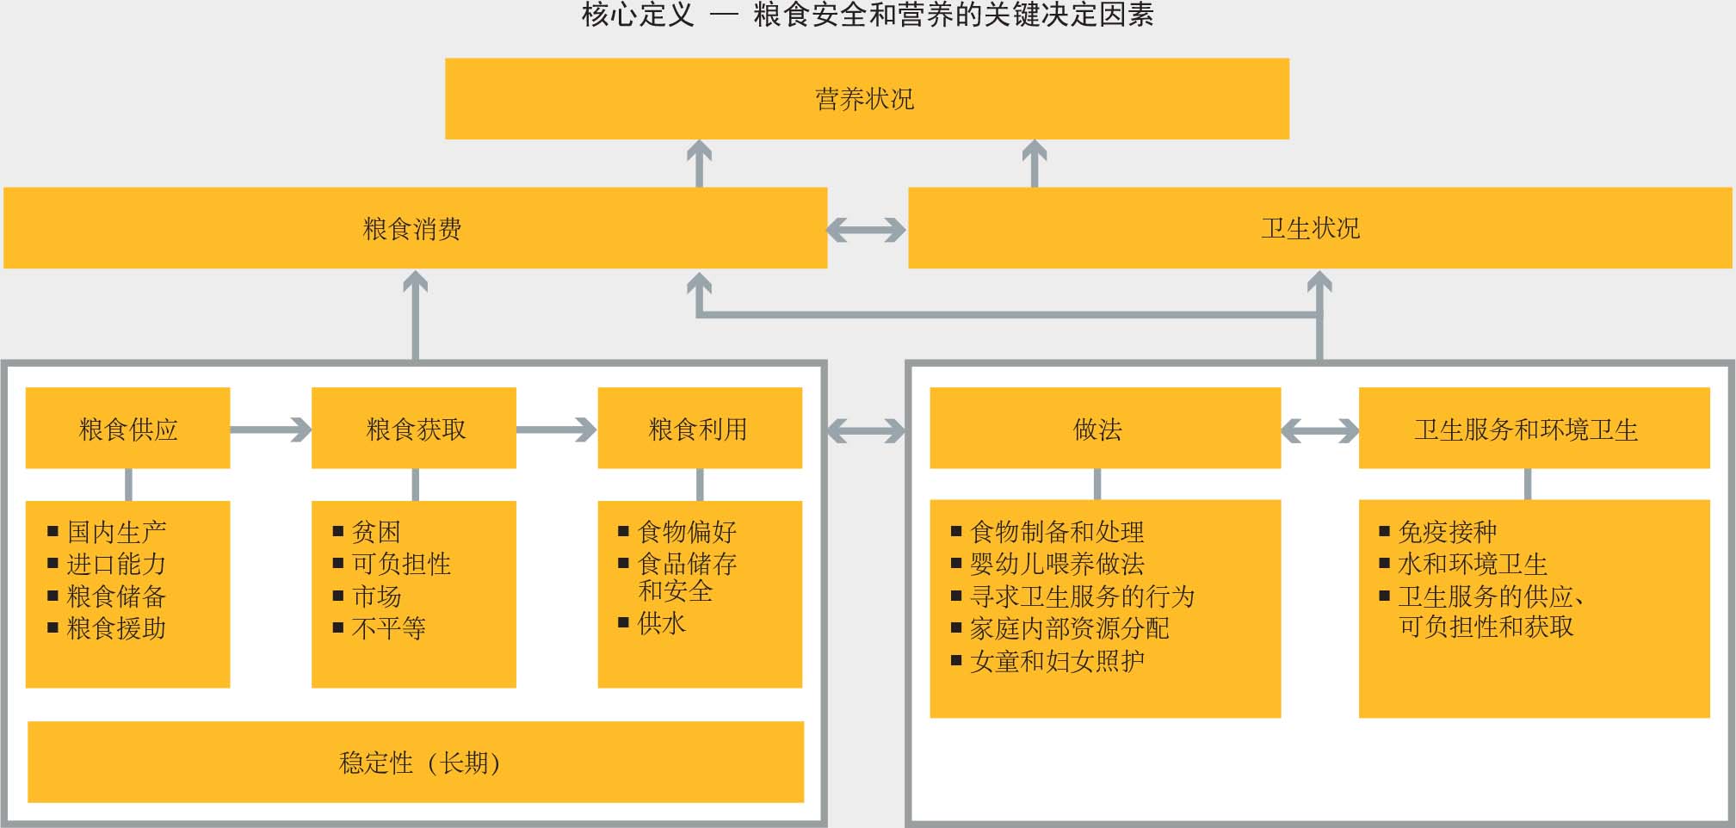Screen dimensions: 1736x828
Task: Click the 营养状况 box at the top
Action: (867, 99)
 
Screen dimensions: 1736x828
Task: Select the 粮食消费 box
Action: (415, 228)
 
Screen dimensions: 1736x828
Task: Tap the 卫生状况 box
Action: (1320, 228)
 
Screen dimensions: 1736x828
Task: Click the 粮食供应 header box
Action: (128, 428)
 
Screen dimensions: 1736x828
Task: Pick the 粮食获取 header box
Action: (414, 428)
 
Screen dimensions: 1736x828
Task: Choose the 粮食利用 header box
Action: (700, 428)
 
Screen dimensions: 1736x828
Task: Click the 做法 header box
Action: (1105, 428)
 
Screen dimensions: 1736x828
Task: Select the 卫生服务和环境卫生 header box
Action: (1535, 428)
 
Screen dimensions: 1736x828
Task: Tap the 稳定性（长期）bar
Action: (416, 762)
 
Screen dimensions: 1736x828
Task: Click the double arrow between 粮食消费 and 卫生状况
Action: (867, 230)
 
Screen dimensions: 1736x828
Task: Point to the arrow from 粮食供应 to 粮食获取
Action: (271, 429)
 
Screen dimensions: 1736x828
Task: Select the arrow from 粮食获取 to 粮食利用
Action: (557, 429)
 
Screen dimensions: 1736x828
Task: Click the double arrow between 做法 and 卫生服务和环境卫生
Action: (1320, 430)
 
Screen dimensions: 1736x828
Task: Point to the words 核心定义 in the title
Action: (638, 15)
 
